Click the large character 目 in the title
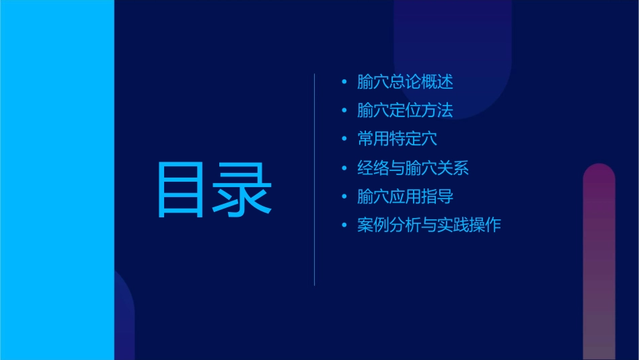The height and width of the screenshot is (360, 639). pyautogui.click(x=180, y=190)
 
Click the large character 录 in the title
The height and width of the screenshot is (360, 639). pyautogui.click(x=243, y=190)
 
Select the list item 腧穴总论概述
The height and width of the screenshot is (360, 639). pyautogui.click(x=405, y=82)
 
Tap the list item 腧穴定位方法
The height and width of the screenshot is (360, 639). pyautogui.click(x=405, y=110)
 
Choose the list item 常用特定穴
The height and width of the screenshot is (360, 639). pyautogui.click(x=398, y=139)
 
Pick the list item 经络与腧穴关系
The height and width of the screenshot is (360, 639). pyautogui.click(x=413, y=168)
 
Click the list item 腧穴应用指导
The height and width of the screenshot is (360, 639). pyautogui.click(x=405, y=196)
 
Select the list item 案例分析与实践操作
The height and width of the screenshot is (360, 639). pyautogui.click(x=429, y=225)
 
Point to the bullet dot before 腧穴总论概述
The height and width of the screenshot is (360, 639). pyautogui.click(x=344, y=83)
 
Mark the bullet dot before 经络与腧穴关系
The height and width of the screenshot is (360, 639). pyautogui.click(x=344, y=168)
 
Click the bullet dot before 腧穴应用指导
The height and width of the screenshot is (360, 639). pyautogui.click(x=344, y=197)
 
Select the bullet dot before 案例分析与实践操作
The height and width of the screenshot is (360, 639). pyautogui.click(x=344, y=225)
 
